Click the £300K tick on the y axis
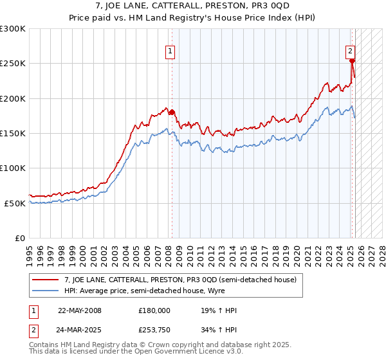point(13,29)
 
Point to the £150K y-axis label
point(13,133)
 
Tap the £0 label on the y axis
point(19,238)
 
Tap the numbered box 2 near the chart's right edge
point(350,51)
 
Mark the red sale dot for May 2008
point(172,113)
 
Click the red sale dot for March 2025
point(353,61)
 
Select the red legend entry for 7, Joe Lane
point(180,280)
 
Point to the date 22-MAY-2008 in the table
point(80,310)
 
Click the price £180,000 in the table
point(154,310)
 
